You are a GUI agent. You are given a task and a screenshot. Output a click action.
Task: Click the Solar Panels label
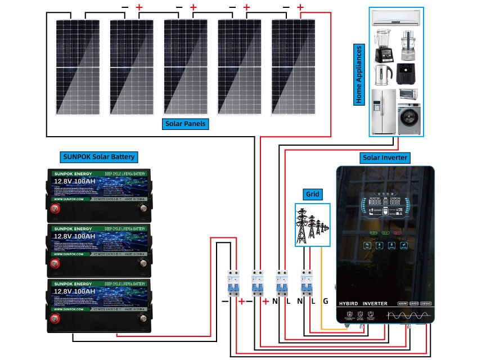tap(186, 123)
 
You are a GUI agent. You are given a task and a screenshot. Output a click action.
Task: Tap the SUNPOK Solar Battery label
tap(98, 156)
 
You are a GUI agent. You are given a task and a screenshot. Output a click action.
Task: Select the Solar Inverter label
tap(385, 157)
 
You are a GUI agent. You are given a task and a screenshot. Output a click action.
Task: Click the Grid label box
tap(312, 195)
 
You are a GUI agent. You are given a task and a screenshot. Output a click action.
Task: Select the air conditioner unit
tap(396, 19)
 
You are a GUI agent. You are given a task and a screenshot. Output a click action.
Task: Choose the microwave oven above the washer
tap(409, 93)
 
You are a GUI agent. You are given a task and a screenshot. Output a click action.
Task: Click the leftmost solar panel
tap(79, 67)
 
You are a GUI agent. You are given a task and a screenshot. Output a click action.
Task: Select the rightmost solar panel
tap(295, 67)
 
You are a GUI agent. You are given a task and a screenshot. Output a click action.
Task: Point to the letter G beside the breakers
tap(325, 301)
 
